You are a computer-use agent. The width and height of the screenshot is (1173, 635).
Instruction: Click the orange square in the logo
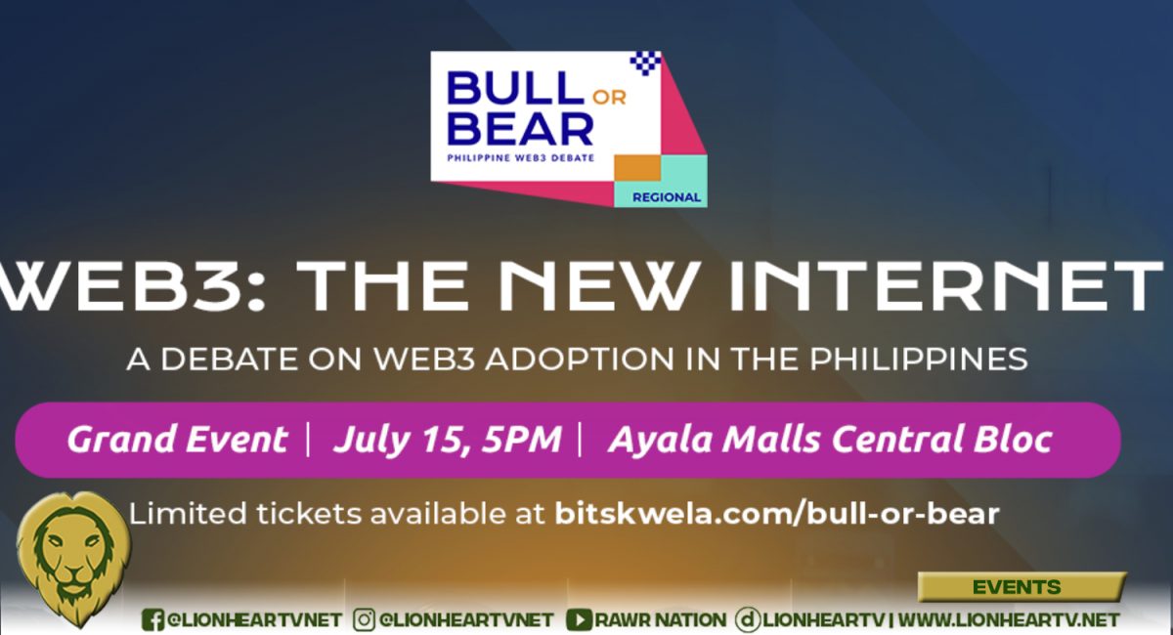[x=633, y=167]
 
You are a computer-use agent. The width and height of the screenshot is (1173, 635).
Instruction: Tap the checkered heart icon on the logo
[x=646, y=63]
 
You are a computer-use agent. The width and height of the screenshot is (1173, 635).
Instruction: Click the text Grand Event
[x=177, y=440]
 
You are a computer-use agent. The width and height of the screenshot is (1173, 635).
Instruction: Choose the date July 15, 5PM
[x=447, y=440]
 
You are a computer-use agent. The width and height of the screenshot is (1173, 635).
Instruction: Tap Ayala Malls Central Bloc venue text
[x=830, y=440]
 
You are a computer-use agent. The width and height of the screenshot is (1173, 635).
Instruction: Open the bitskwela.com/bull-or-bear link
[x=777, y=513]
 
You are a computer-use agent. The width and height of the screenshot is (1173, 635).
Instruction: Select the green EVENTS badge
[x=1016, y=587]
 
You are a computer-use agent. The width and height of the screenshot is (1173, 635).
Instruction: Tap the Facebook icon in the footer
[x=152, y=619]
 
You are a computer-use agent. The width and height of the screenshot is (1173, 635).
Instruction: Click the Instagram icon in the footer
[x=365, y=619]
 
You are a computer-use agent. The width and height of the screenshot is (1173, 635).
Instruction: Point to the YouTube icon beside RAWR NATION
[x=579, y=619]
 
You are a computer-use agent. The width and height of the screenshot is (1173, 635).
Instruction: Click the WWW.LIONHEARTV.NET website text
[x=1009, y=619]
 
